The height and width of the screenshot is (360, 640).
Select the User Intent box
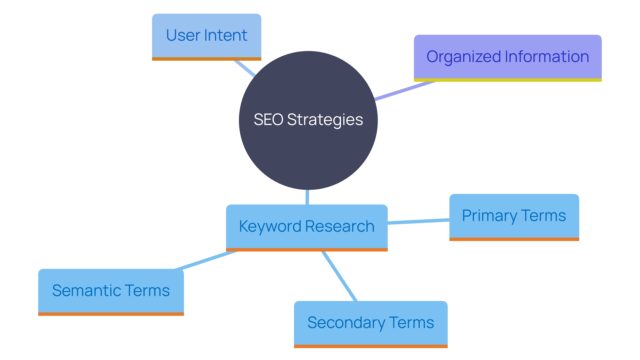point(206,36)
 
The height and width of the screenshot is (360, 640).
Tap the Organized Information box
point(507,57)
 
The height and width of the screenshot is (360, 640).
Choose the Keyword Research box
point(307,227)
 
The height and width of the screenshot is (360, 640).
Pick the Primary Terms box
point(514,216)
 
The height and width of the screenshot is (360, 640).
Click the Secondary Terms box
point(371,323)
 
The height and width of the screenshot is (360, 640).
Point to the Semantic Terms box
point(111,291)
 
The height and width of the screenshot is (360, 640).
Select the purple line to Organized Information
point(405,90)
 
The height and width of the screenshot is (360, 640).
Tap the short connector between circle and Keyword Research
point(307,197)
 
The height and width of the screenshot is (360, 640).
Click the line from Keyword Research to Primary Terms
point(418,221)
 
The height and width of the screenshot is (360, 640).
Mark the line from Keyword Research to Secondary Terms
point(339,276)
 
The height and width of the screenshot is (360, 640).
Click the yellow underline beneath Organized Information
point(507,80)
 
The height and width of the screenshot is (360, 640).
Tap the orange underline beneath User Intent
point(206,59)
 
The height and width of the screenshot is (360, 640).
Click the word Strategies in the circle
point(325,120)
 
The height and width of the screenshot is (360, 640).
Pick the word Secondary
point(346,323)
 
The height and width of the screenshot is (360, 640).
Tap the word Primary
point(489,216)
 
